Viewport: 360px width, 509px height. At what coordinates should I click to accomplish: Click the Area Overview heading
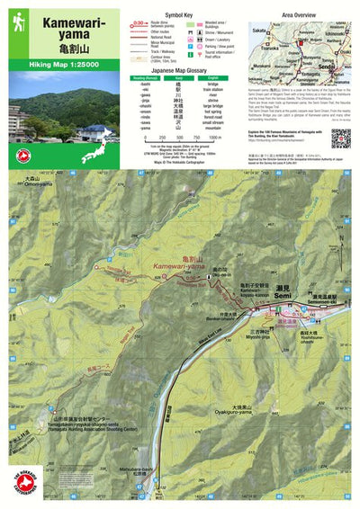coord(298,15)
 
